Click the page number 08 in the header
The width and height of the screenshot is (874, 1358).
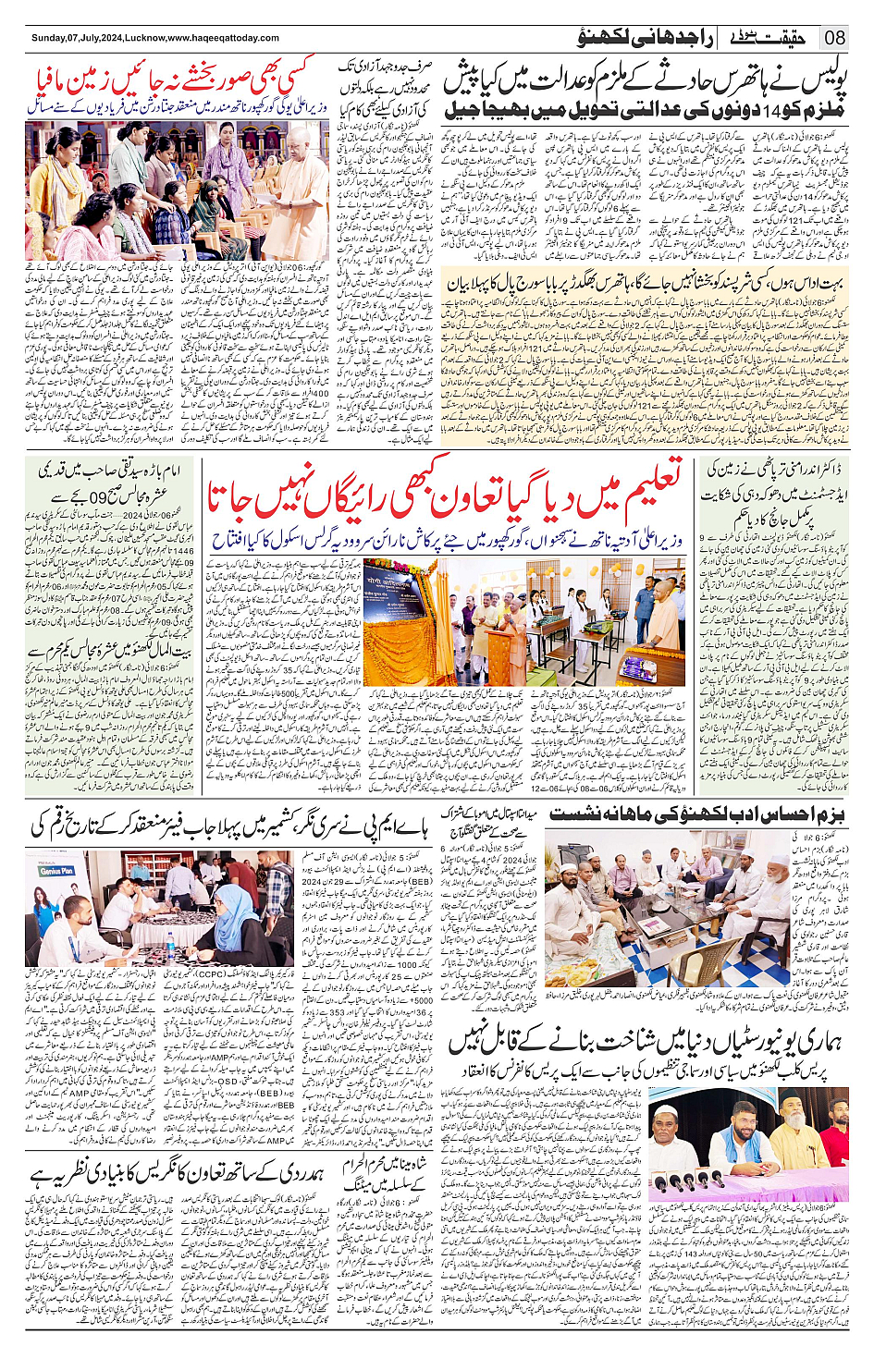[835, 38]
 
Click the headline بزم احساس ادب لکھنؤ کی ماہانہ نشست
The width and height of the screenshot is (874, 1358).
[697, 815]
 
